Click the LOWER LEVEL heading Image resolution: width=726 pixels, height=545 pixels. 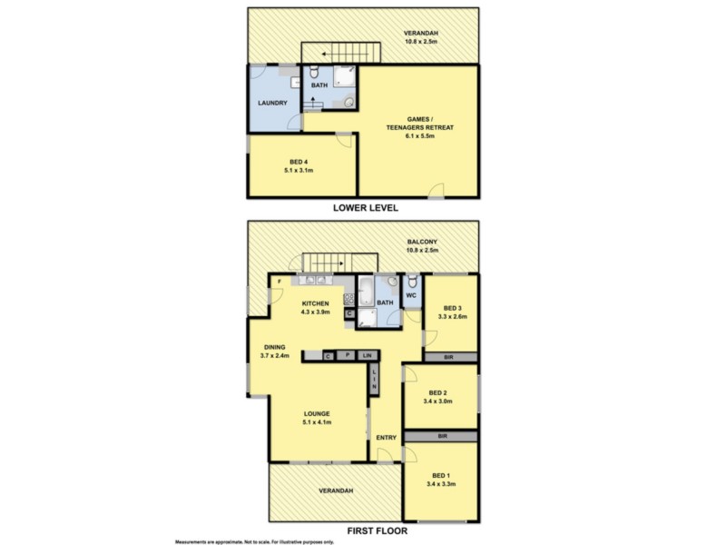[365, 207]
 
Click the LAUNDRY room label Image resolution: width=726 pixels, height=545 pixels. [272, 104]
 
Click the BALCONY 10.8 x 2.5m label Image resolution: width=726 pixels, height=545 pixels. [423, 245]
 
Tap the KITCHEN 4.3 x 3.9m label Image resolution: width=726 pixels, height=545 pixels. [316, 307]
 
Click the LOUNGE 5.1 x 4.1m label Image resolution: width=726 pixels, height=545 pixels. [317, 417]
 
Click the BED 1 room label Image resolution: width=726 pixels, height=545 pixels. [442, 481]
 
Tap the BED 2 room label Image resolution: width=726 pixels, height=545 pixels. [440, 396]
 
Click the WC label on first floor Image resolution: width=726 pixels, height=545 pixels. [411, 294]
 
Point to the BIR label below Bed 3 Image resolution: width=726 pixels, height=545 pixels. [448, 357]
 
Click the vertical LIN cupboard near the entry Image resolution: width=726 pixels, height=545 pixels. [373, 379]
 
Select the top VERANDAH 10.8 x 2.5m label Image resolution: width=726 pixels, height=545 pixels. [420, 36]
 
